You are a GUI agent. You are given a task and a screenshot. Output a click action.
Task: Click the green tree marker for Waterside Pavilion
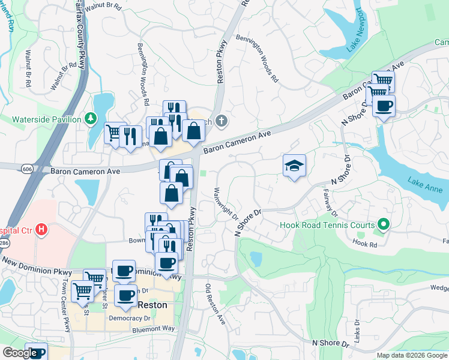coord(91,119)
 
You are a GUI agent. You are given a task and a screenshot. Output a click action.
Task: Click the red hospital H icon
coord(41,229)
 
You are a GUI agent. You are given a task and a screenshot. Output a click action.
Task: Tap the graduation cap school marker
coord(294,166)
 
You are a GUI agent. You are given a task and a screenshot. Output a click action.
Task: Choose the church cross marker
coord(221,122)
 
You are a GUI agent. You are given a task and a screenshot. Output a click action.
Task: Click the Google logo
coord(19,353)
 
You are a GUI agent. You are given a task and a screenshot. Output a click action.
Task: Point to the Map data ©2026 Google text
coord(412,355)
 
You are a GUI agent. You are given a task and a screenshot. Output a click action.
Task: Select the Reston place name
coord(152,305)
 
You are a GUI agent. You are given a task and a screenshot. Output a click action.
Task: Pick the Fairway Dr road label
coord(331,204)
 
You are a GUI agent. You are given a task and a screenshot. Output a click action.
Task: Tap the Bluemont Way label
coord(152,329)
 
